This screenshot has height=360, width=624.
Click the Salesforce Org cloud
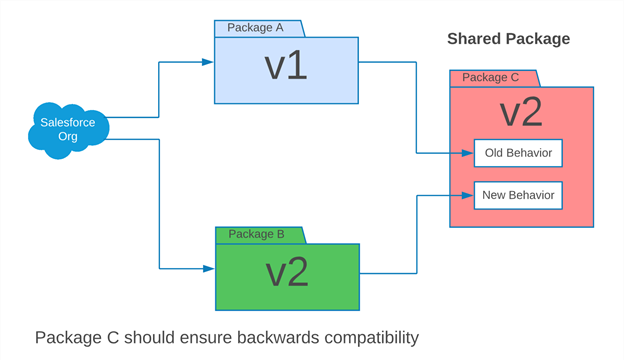[68, 130]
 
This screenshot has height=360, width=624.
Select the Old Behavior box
[518, 153]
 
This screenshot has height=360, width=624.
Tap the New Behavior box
[518, 195]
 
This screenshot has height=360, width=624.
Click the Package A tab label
[255, 27]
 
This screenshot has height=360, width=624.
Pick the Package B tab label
[256, 234]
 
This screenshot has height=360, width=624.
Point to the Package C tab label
[490, 77]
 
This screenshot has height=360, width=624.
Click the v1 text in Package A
[286, 66]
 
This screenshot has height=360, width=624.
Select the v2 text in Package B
[287, 272]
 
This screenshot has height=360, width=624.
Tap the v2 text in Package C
[521, 112]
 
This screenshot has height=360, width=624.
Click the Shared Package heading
[509, 39]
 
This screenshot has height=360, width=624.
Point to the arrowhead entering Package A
[208, 62]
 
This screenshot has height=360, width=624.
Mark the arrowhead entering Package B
[209, 269]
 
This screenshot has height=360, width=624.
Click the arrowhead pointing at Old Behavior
[468, 153]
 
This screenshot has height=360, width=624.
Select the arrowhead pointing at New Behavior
[468, 195]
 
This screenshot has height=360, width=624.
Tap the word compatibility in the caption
[372, 338]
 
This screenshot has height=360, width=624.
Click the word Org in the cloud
[68, 137]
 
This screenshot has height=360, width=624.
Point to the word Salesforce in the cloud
[68, 123]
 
